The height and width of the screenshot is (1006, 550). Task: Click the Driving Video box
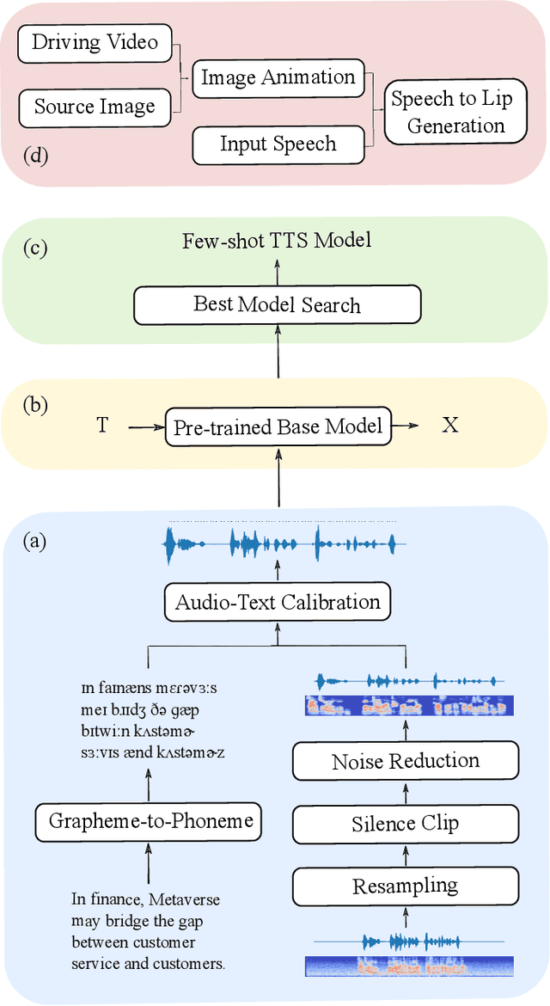95,43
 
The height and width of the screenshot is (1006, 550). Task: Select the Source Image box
95,107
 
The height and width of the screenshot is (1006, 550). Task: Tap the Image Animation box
278,78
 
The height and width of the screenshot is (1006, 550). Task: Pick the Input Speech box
278,144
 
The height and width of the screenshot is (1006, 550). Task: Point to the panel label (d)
36,156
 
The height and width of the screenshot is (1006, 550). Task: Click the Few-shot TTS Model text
277,240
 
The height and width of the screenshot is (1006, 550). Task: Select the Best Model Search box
277,304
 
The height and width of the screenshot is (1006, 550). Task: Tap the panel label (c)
37,248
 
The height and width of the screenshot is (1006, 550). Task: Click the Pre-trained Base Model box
278,426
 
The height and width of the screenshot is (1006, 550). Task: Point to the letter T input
102,426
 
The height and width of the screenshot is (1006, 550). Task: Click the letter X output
449,426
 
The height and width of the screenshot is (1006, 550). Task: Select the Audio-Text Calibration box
278,602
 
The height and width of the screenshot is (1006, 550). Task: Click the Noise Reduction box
406,761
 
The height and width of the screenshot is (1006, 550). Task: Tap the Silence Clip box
406,824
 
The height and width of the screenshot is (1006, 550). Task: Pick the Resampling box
406,886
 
